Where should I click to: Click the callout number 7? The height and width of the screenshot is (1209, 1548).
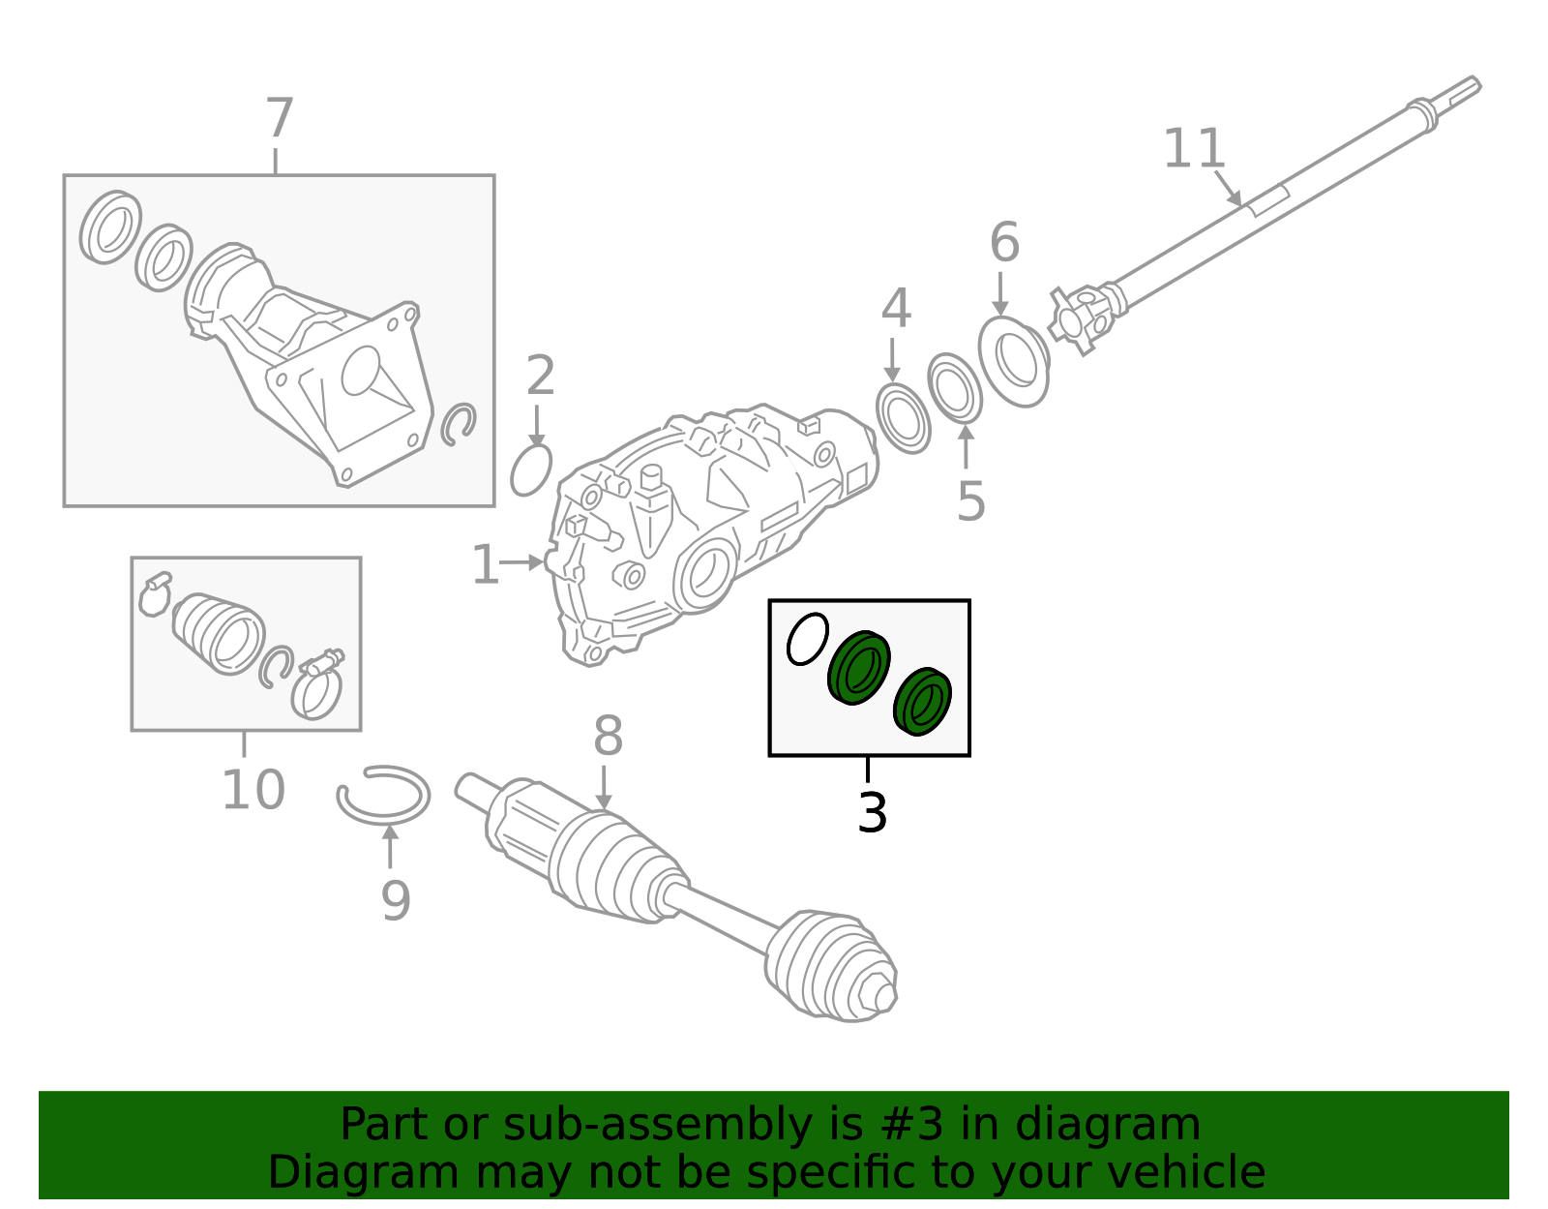(x=279, y=119)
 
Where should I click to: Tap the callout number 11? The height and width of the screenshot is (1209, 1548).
(x=1194, y=149)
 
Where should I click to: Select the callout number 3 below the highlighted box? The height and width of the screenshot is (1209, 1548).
(x=872, y=812)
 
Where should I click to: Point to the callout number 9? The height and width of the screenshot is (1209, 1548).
(x=396, y=900)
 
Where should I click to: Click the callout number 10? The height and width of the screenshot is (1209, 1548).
(x=253, y=790)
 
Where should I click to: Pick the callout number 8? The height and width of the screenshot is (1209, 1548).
(x=608, y=737)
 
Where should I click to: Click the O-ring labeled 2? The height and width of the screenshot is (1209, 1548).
(x=531, y=470)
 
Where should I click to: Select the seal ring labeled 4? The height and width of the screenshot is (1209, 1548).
(x=903, y=418)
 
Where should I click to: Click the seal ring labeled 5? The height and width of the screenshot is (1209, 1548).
(x=955, y=389)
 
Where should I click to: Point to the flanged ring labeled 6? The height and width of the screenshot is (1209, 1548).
(x=1013, y=361)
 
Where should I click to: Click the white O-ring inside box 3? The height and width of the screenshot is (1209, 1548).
(x=808, y=639)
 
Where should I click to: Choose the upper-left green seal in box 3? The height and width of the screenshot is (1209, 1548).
(x=858, y=667)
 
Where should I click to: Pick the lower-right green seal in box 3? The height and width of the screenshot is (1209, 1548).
(x=922, y=701)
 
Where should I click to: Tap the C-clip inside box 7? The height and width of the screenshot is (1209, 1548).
(x=459, y=425)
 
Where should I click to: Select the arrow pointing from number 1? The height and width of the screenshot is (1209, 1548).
(x=523, y=561)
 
